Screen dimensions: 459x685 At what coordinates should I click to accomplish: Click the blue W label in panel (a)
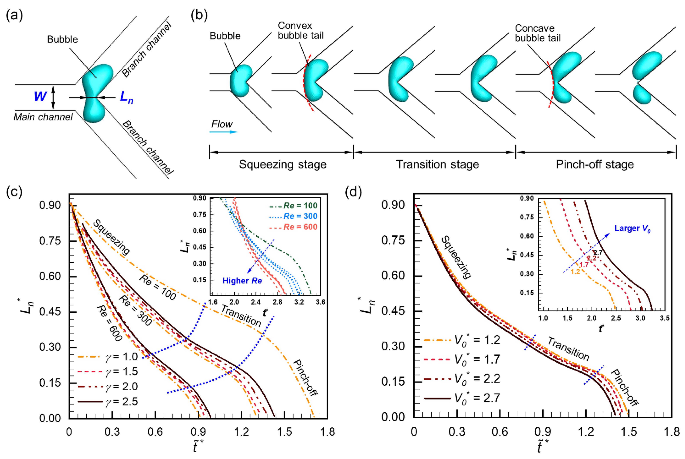[x=40, y=96]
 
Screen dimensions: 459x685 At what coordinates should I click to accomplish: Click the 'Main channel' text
[x=43, y=117]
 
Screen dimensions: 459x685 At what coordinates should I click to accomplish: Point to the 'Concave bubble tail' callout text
[x=538, y=33]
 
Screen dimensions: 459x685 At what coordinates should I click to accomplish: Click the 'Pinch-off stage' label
[x=595, y=164]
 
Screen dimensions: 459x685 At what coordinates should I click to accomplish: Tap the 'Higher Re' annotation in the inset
[x=242, y=281]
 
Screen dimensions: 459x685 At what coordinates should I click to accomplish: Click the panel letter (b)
[x=199, y=15]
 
